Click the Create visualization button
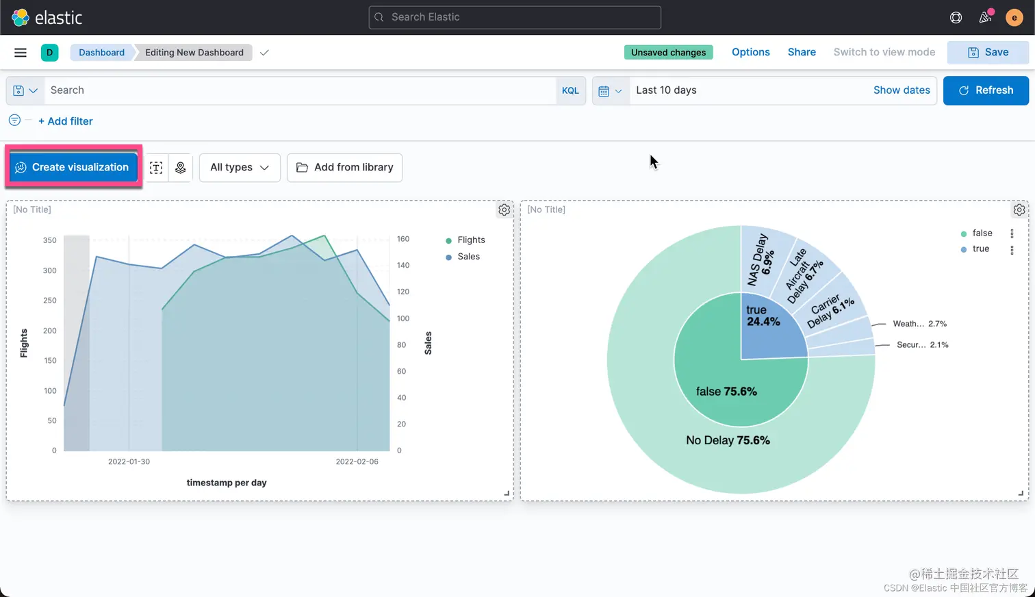tap(73, 167)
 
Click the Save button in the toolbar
tap(988, 52)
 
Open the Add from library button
tap(344, 167)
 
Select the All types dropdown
tap(240, 167)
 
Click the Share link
tap(802, 52)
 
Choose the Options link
tap(750, 52)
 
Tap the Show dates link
tap(902, 90)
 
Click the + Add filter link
tap(66, 121)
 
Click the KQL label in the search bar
tap(570, 90)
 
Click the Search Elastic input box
tap(515, 17)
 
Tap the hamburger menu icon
tap(21, 52)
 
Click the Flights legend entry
tap(471, 240)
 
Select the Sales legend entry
tap(468, 257)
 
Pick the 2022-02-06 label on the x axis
tap(357, 461)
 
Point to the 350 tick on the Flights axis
tap(50, 240)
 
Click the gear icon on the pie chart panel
tap(1019, 209)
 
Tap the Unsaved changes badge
tap(668, 52)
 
